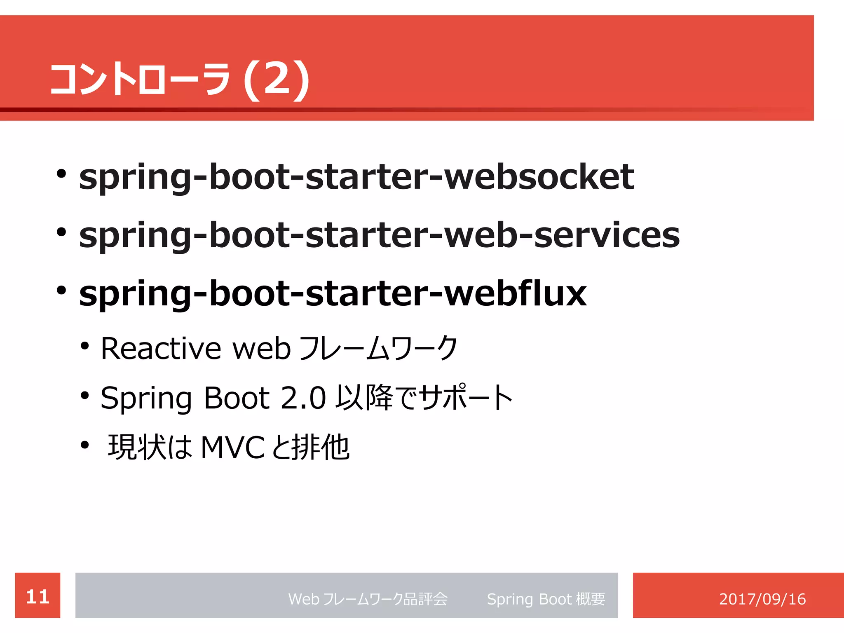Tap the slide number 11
coord(38,596)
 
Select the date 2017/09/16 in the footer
coord(762,599)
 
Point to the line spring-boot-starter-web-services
coord(379,234)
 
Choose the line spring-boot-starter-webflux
coord(333,293)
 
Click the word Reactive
coord(161,349)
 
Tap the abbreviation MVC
coord(232,448)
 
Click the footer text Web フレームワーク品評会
coord(368,599)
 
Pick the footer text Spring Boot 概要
coord(546,599)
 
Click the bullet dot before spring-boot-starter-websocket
coord(61,174)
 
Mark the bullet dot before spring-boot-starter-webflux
coord(61,291)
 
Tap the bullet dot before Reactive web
coord(85,346)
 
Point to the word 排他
coord(321,448)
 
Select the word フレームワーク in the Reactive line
coord(377,349)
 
